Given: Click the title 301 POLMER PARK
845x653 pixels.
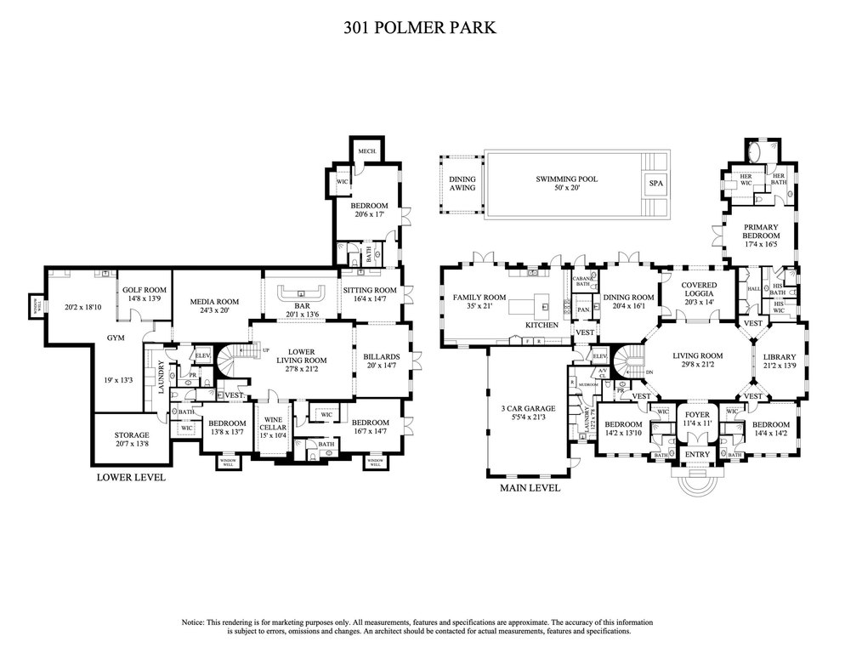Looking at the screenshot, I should [422, 27].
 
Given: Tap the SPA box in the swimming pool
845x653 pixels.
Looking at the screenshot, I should [655, 184].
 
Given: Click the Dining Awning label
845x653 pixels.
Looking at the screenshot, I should [462, 183].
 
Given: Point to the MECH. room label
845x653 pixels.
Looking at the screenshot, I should [366, 150].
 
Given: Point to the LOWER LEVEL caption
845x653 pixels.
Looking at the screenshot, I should [132, 478].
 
